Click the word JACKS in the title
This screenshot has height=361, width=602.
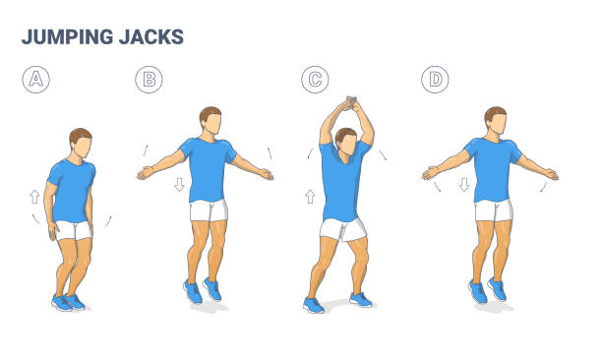tap(153, 37)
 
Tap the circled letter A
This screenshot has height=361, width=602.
tap(35, 80)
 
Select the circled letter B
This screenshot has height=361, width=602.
tap(149, 80)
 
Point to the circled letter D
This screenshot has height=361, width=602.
tap(434, 80)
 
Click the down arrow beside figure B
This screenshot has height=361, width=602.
tap(180, 185)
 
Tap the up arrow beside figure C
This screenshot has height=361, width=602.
tap(311, 197)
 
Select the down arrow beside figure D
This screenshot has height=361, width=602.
tap(464, 185)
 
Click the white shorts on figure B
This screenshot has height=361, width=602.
tap(209, 210)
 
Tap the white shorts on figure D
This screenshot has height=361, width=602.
tap(493, 211)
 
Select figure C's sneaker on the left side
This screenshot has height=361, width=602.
tap(314, 305)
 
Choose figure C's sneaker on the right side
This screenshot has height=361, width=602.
tap(361, 299)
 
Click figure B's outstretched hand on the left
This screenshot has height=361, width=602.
tap(145, 173)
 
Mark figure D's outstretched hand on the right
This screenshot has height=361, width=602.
tap(551, 174)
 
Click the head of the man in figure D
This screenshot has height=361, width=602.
tap(495, 122)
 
